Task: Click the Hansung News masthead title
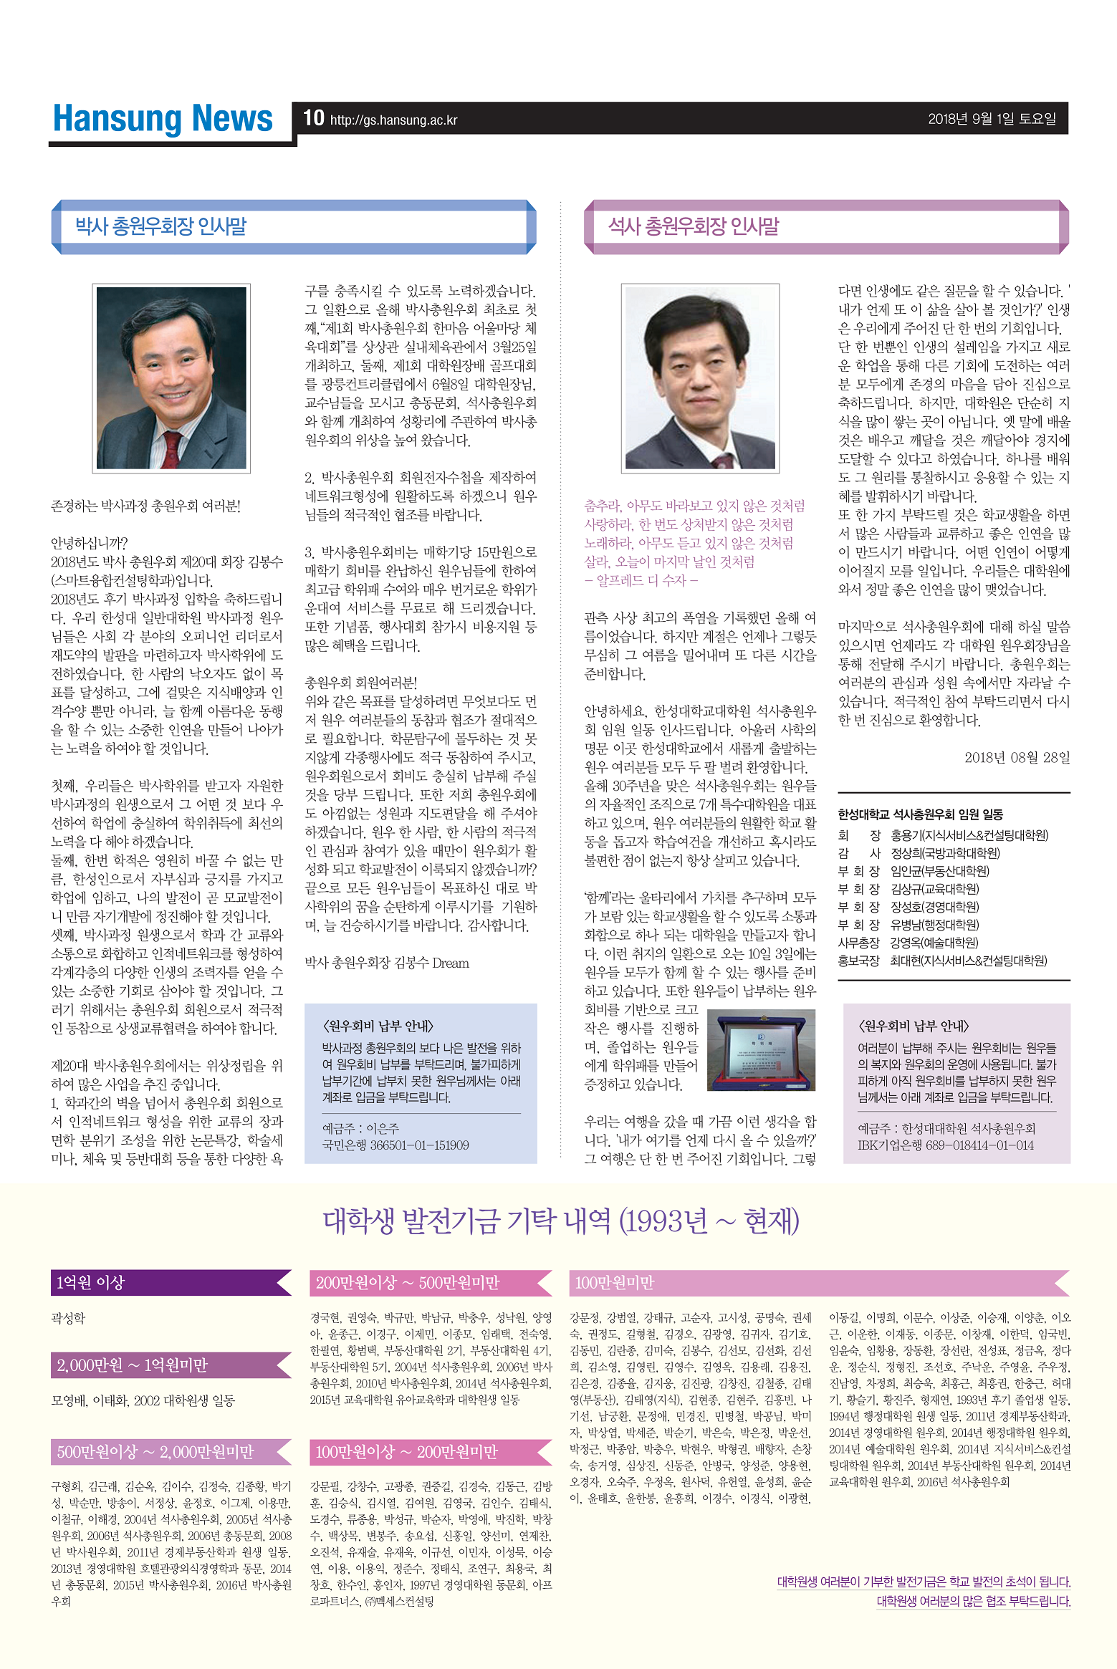(x=163, y=119)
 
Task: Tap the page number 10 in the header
(x=313, y=118)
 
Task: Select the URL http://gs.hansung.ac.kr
(x=393, y=120)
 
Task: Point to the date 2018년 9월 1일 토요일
(x=992, y=119)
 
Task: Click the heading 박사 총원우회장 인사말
(x=161, y=226)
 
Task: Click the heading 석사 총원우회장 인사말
(x=693, y=226)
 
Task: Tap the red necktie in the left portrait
(x=172, y=448)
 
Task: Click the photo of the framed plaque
(x=760, y=1049)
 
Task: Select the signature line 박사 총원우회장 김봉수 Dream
(x=387, y=963)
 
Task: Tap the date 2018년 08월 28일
(x=1017, y=757)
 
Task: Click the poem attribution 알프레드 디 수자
(x=642, y=580)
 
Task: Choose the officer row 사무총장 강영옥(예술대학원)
(x=908, y=943)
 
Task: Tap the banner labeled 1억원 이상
(x=91, y=1282)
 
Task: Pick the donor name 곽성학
(x=68, y=1318)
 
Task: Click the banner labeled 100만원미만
(x=615, y=1282)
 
